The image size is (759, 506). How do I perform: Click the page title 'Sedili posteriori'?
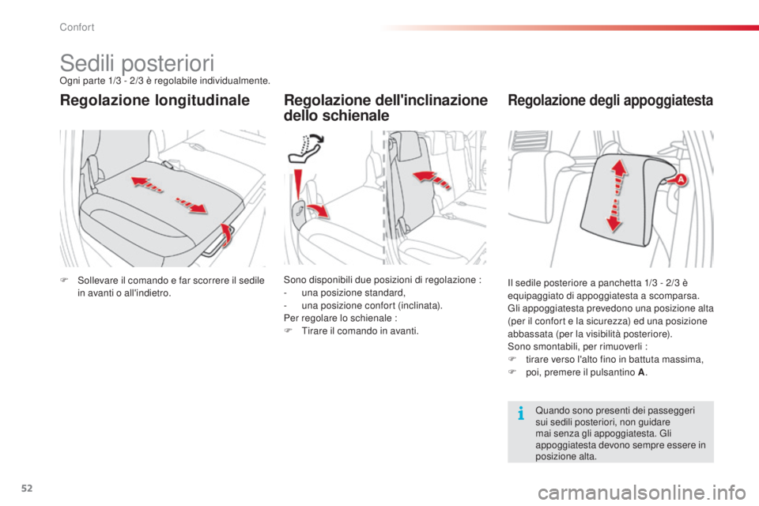137,63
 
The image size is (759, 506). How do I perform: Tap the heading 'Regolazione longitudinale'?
155,100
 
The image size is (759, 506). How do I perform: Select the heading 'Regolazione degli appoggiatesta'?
610,100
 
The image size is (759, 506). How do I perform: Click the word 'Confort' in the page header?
77,27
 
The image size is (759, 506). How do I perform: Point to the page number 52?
27,488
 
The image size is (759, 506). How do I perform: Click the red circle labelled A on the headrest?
681,179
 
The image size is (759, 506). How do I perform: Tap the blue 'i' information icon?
521,413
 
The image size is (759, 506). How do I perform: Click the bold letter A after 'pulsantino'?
641,372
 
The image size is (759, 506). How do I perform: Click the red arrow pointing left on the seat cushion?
147,184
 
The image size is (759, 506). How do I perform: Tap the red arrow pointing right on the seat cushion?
191,205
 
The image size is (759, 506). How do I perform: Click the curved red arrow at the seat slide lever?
225,234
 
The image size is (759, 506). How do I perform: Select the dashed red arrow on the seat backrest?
432,179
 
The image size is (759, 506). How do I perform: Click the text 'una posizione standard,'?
353,293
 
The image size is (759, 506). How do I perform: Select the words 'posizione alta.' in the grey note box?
566,456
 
